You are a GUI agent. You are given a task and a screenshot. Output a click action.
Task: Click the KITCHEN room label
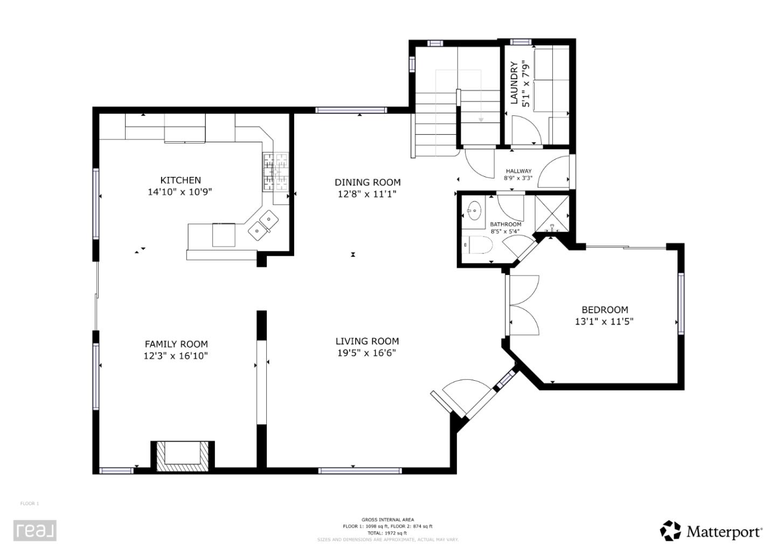[180, 180]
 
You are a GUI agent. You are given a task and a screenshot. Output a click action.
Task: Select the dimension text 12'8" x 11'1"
[367, 194]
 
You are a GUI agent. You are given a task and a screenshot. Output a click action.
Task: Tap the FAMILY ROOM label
[176, 344]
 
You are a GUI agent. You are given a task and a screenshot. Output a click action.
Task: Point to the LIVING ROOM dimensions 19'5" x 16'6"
[367, 353]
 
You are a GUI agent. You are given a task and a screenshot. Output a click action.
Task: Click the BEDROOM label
[605, 310]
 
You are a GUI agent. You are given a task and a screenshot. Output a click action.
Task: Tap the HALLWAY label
[518, 171]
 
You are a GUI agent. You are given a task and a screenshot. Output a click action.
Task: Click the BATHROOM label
[505, 224]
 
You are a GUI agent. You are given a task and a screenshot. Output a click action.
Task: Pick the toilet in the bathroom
[480, 245]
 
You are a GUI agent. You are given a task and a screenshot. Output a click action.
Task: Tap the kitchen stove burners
[275, 171]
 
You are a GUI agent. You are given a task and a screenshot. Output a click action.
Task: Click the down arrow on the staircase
[481, 119]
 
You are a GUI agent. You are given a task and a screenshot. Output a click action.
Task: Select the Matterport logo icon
[670, 531]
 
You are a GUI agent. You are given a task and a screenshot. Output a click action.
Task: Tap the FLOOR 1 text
[30, 504]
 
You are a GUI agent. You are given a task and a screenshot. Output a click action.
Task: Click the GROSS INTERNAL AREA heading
[387, 520]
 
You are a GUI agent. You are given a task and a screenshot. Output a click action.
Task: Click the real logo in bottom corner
[35, 531]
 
